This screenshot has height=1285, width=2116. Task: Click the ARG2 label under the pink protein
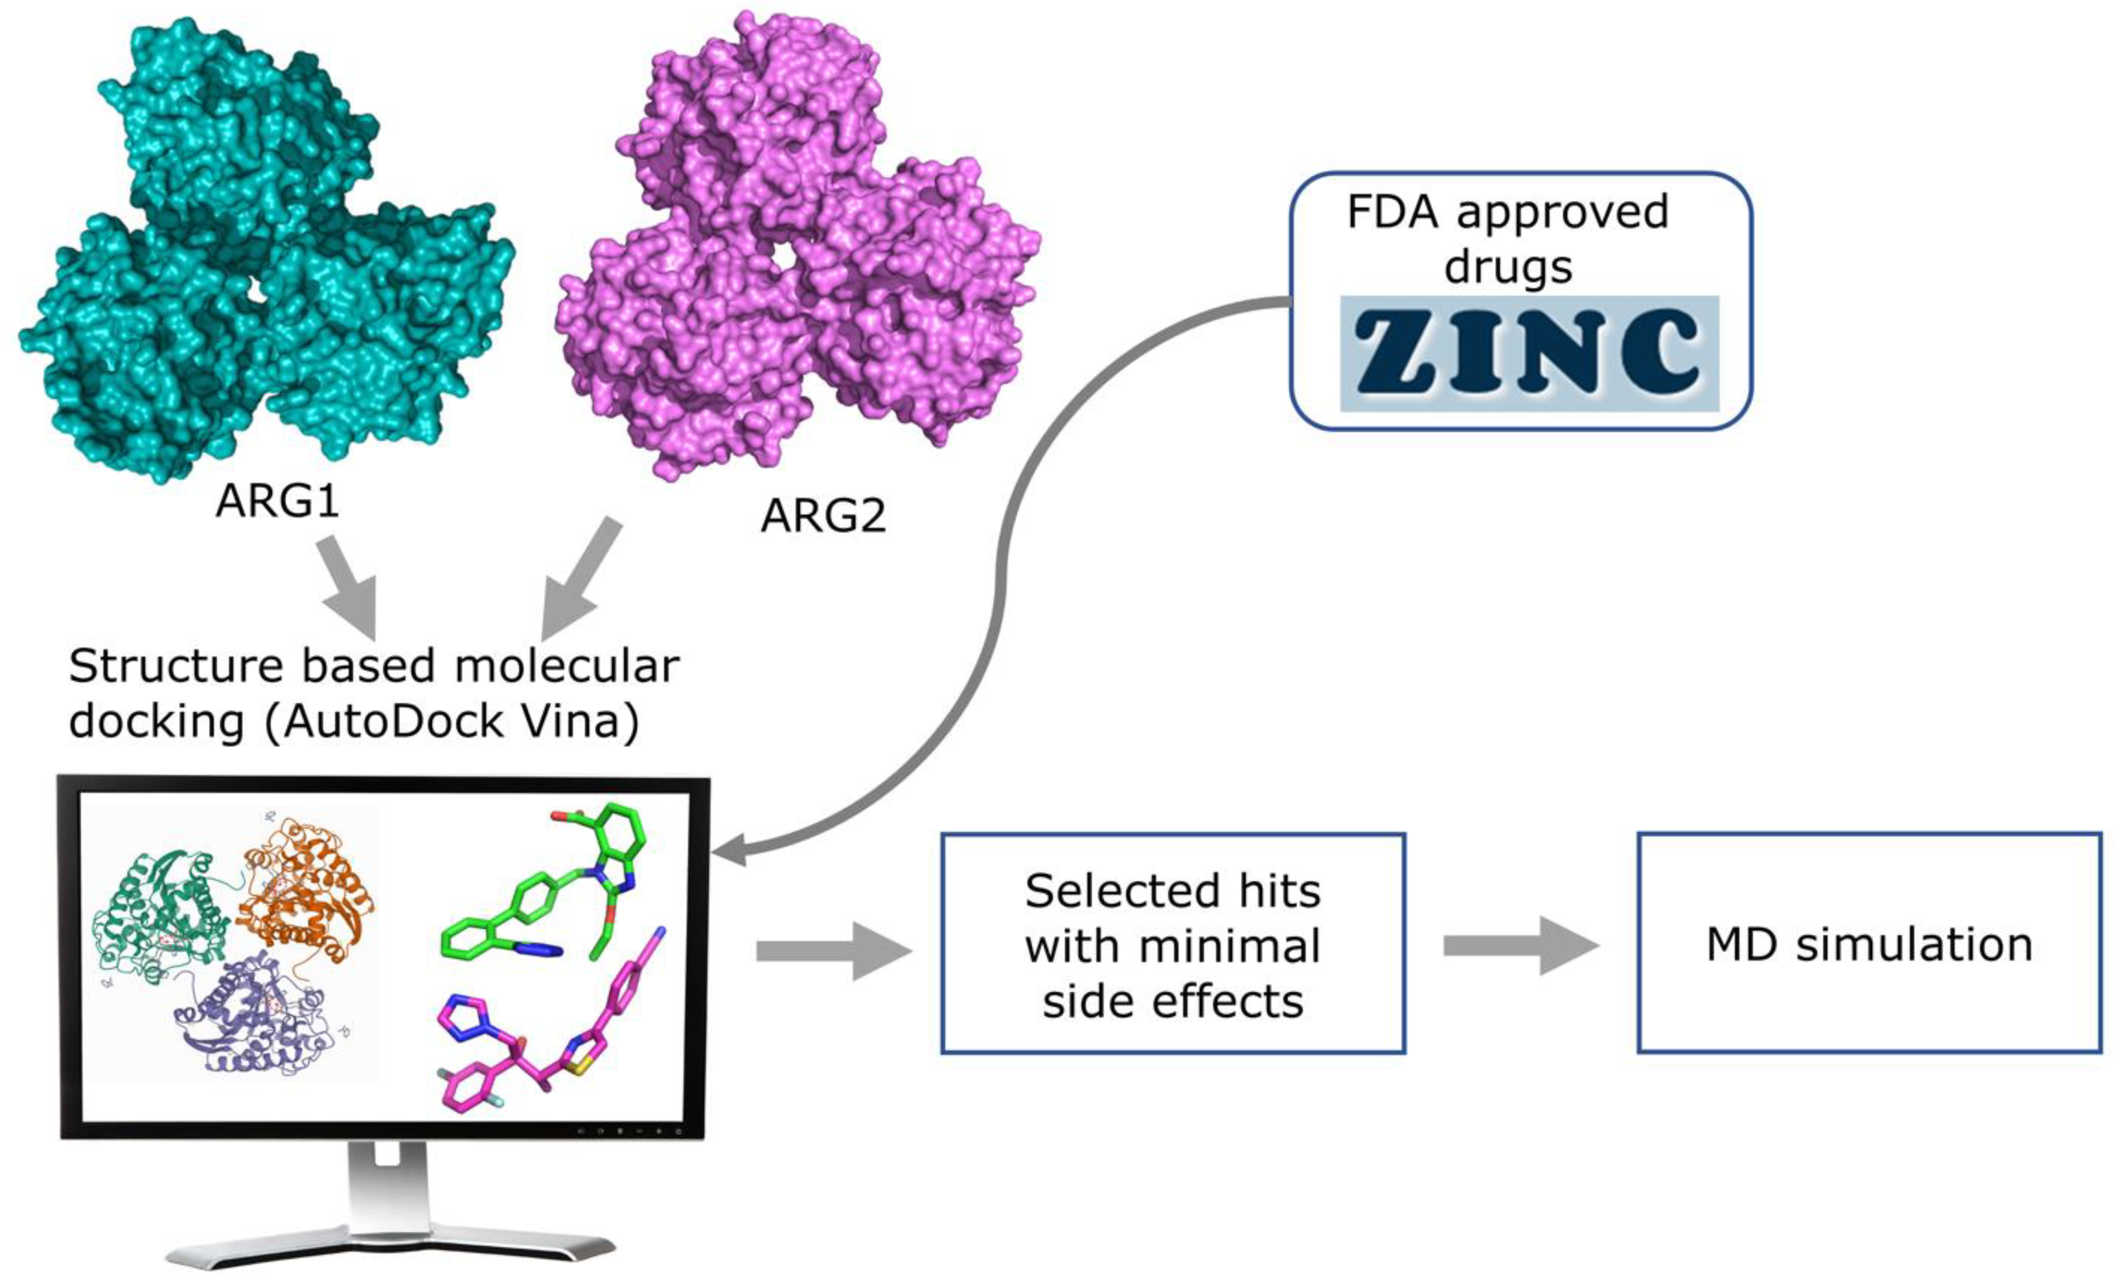(x=822, y=516)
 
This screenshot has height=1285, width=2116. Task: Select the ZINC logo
(x=1529, y=352)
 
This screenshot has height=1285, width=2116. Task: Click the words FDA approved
(x=1507, y=211)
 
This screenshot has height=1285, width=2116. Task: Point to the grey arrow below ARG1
(x=350, y=589)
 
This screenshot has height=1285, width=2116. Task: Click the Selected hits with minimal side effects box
(x=1172, y=943)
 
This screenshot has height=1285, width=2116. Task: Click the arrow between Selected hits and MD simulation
(x=1520, y=946)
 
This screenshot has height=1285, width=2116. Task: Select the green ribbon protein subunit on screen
(x=159, y=927)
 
